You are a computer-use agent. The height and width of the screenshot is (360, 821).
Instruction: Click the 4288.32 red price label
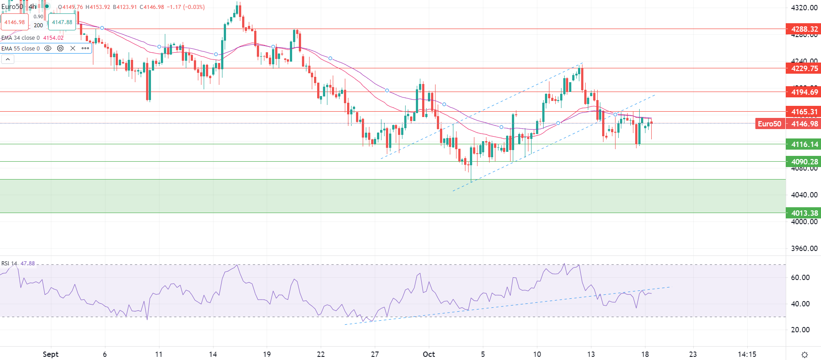point(804,29)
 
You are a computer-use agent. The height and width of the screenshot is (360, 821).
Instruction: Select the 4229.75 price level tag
point(804,68)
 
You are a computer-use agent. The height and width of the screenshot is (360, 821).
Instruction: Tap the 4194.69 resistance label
point(804,92)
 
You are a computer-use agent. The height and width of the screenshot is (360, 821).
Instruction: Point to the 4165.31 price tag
point(804,112)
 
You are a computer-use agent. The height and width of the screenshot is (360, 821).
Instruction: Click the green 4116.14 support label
point(804,144)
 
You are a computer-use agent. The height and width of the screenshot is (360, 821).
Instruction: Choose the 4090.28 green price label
point(804,162)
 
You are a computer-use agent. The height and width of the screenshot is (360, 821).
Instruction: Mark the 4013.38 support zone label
point(804,213)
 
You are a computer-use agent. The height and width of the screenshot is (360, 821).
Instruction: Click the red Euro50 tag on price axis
point(769,124)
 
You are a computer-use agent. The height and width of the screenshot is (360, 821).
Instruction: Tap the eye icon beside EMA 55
point(48,48)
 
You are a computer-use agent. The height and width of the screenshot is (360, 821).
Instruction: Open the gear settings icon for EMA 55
point(60,48)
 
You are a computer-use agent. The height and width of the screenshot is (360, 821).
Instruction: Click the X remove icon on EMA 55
point(73,48)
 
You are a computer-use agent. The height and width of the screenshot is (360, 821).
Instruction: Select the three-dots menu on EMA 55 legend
point(85,48)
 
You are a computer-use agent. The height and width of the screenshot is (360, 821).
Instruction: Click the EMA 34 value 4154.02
point(53,38)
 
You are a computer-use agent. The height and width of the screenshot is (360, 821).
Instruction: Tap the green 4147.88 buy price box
point(62,22)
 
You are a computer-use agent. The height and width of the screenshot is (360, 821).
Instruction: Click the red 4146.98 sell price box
point(15,22)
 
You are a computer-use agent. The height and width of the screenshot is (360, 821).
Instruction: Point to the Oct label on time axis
point(429,354)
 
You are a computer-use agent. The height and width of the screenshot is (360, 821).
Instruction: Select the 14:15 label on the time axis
point(747,354)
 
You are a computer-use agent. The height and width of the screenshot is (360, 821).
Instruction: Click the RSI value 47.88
point(28,264)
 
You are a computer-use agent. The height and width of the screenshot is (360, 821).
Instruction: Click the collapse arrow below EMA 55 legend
point(8,59)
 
